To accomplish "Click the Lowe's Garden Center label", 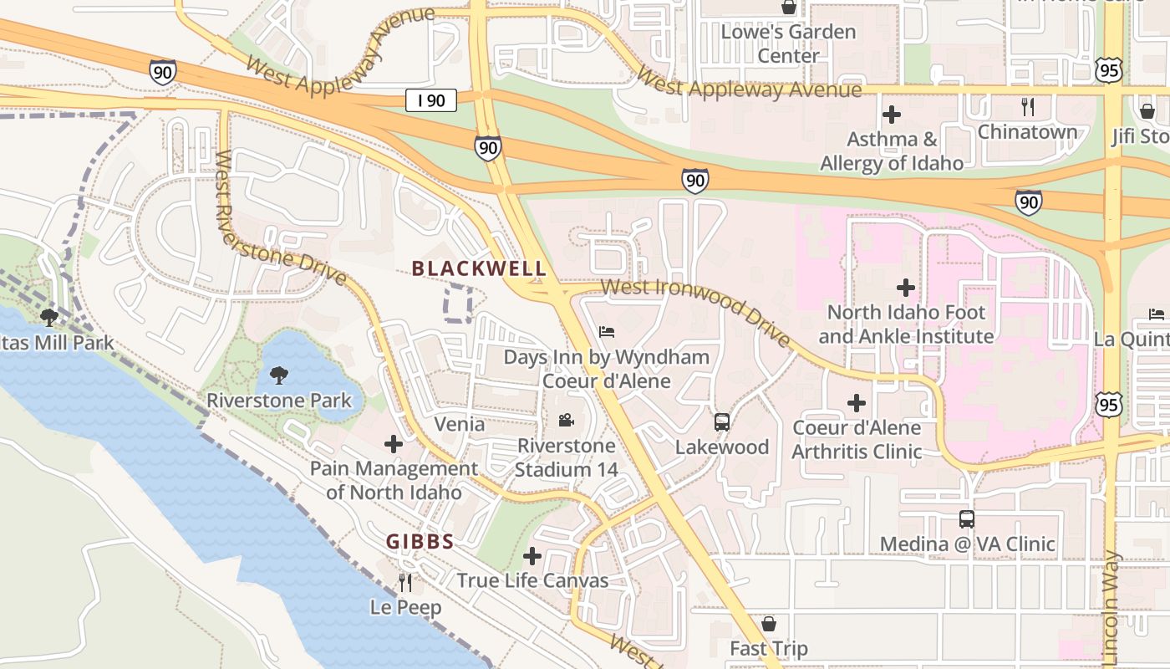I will (788, 43).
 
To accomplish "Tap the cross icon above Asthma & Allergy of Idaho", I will (892, 114).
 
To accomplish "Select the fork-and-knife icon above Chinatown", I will (1028, 107).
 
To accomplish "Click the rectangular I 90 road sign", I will (431, 100).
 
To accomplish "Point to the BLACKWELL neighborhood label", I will (480, 268).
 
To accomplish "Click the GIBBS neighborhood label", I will (420, 542).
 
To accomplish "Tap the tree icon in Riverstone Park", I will (279, 375).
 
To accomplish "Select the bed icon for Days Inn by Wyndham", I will (607, 332).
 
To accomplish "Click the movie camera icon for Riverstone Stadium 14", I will (566, 420).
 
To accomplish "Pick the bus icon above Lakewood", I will (722, 422).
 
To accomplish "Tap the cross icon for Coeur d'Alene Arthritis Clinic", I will (857, 403).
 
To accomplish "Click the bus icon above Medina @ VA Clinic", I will (967, 519).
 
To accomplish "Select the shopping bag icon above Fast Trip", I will (769, 624).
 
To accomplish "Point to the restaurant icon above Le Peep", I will (405, 582).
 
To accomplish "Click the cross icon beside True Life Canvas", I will (532, 556).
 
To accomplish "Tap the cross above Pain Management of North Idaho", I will (394, 444).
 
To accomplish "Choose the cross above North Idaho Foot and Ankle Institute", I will (906, 289).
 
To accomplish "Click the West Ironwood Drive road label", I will (695, 309).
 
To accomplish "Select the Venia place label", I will (459, 424).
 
